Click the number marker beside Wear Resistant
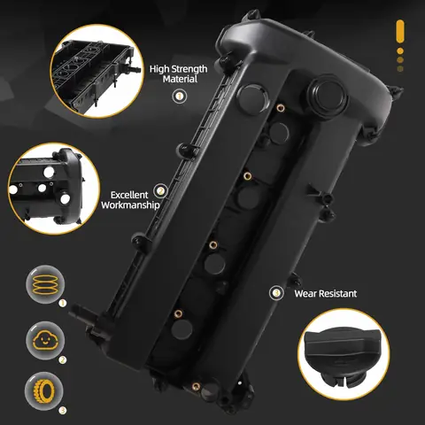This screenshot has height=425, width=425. (x=275, y=292)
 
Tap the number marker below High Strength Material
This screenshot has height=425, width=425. (x=180, y=95)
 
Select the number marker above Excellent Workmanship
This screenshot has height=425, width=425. (x=159, y=189)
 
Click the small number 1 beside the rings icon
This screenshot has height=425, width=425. (x=63, y=304)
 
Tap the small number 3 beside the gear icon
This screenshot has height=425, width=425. (x=63, y=409)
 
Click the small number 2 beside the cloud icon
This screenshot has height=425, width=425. (x=63, y=359)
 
